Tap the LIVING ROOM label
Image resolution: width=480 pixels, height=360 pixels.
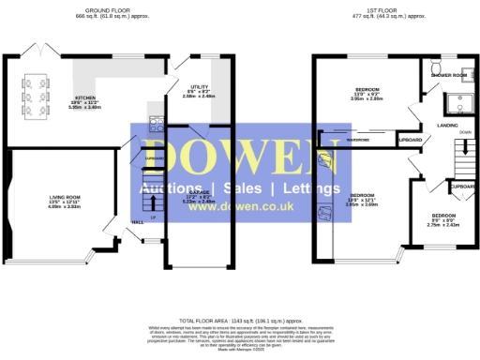pyautogui.click(x=66, y=200)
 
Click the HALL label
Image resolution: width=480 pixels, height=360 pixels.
pyautogui.click(x=137, y=222)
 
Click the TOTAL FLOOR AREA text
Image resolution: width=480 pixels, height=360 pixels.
pyautogui.click(x=239, y=320)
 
